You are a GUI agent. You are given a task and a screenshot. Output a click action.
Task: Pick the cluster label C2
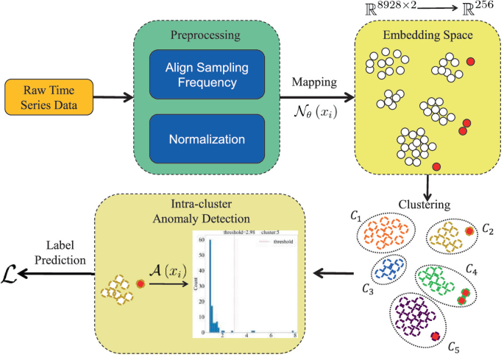tap(487, 230)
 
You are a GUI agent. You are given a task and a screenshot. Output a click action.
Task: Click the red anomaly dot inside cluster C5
tap(434, 336)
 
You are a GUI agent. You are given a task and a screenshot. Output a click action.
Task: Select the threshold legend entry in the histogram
tap(280, 241)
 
